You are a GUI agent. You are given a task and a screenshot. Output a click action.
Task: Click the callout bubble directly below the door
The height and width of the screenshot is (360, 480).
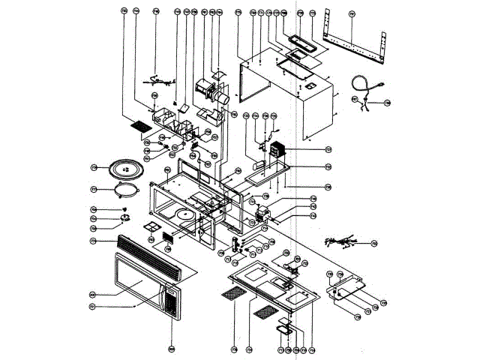pos(172,349)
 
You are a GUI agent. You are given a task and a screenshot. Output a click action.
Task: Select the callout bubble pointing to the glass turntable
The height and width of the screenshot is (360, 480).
pos(94,166)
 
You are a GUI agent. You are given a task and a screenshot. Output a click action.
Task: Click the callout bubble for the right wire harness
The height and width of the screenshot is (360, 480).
pos(373,243)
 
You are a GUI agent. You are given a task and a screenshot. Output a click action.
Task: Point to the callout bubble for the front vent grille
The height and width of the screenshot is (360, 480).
pos(94,241)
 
